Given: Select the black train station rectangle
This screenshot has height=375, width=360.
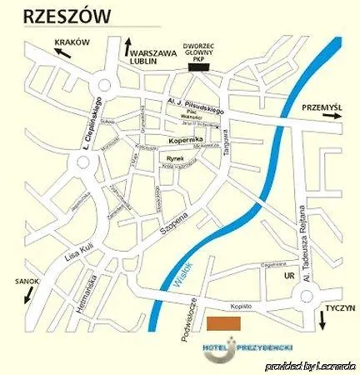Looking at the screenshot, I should pos(201,67).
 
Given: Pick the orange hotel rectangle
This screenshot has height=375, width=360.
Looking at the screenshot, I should pos(223,323).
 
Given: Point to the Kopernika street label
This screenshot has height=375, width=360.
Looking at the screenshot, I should pos(186,141).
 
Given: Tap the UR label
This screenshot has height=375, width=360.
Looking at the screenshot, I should pos(290,274).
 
